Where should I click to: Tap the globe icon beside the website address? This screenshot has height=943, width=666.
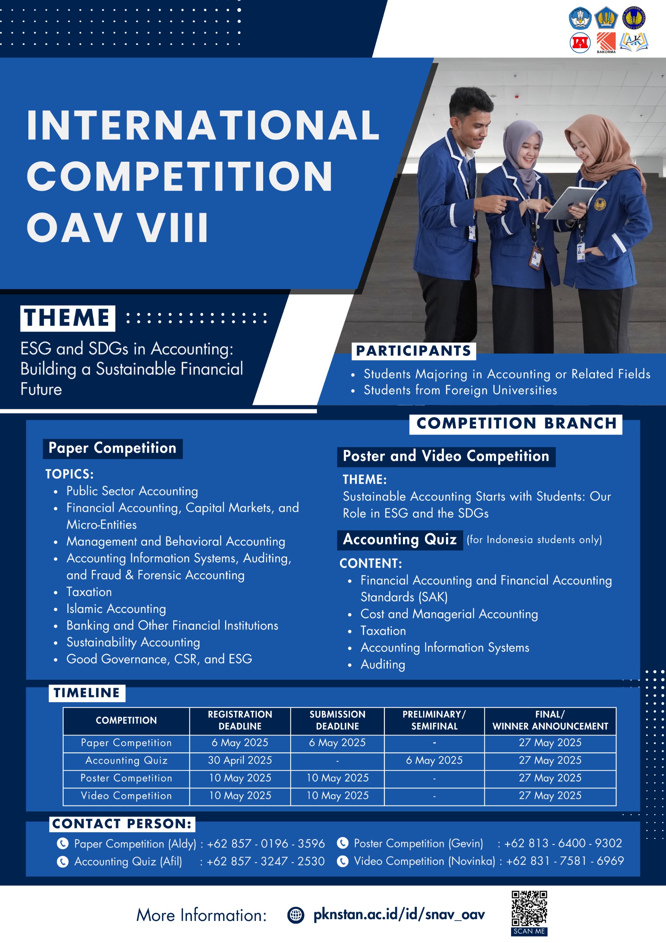click(296, 915)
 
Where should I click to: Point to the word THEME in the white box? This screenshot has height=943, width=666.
click(67, 318)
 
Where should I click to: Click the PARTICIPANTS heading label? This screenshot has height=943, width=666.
click(414, 351)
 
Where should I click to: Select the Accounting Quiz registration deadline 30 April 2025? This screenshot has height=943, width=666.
click(240, 760)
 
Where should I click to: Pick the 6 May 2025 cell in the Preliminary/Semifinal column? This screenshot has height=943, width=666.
click(434, 760)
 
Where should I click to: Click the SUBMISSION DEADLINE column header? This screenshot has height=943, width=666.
click(337, 720)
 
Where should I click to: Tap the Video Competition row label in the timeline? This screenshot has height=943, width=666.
click(126, 795)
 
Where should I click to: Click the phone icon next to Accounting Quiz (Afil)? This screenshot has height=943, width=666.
click(63, 861)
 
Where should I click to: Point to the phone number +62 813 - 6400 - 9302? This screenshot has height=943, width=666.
click(563, 843)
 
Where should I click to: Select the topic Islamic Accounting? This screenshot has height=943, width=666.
click(116, 609)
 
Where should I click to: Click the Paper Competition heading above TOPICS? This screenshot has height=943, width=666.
click(113, 448)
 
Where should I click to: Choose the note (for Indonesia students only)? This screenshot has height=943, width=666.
click(534, 539)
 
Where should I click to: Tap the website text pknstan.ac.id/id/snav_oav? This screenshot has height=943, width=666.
click(399, 914)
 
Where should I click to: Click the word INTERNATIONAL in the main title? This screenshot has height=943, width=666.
click(203, 125)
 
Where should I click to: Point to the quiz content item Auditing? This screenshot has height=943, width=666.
click(383, 664)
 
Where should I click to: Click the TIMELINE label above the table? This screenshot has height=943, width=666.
click(86, 693)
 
